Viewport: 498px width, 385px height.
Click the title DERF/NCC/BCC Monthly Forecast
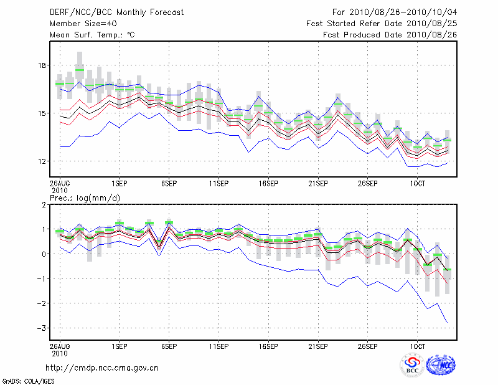[116, 12]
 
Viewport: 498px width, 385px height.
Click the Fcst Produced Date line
[390, 35]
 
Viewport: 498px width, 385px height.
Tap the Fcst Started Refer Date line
[382, 24]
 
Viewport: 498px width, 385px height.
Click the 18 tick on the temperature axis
[42, 65]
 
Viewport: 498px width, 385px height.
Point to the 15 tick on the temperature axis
[42, 113]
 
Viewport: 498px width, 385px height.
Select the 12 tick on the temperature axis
[42, 161]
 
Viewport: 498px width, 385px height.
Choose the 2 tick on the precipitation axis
[44, 205]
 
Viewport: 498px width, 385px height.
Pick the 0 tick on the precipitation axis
[44, 254]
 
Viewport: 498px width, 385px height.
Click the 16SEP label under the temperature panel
[268, 184]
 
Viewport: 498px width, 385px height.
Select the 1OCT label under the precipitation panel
[418, 345]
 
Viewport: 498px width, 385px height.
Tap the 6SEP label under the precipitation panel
[169, 345]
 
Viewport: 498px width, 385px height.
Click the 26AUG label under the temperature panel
[60, 184]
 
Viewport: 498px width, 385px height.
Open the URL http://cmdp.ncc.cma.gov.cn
[102, 368]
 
